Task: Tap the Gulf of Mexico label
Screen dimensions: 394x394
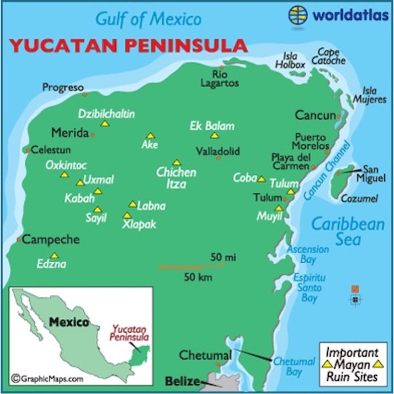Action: [x=148, y=19]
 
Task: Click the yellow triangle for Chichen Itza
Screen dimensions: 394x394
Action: [x=176, y=163]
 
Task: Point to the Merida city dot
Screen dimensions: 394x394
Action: [x=93, y=134]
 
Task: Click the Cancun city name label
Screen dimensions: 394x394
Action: [x=315, y=116]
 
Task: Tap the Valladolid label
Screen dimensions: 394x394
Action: [x=218, y=150]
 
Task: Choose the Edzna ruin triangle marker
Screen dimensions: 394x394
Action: [x=55, y=255]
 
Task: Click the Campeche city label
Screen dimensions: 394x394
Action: [x=51, y=240]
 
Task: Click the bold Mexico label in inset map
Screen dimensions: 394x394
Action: [x=68, y=322]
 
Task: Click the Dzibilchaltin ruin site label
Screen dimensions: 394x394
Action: [x=107, y=114]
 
